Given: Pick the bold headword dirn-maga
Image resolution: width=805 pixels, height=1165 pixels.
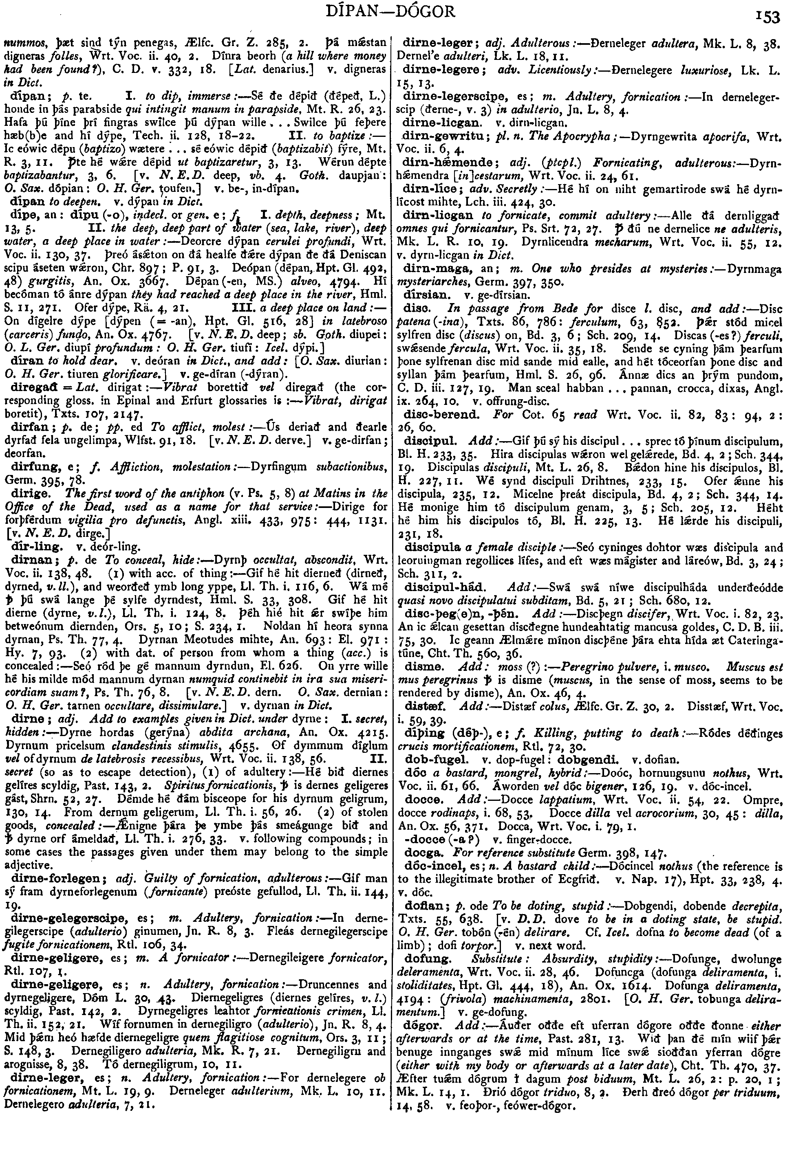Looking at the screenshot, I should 434,269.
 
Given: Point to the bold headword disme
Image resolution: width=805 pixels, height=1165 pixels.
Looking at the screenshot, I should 420,666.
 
